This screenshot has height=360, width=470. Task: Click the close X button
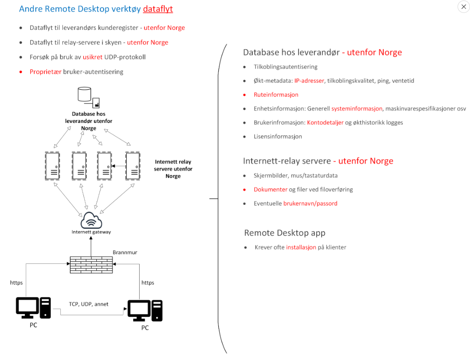[x=464, y=6]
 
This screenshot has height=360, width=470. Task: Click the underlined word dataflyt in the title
[x=158, y=9]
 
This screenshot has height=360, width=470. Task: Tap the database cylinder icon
[x=84, y=94]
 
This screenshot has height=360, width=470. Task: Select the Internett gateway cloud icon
[x=91, y=220]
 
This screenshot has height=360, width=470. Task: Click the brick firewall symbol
[x=91, y=265]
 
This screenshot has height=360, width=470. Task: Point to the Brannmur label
[x=125, y=252]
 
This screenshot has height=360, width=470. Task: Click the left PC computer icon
[x=33, y=308]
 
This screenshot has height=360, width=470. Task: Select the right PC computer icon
[x=145, y=311]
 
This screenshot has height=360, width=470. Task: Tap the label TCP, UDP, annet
[x=89, y=304]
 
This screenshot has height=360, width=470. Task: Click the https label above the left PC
[x=17, y=282]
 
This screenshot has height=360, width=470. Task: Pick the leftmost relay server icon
[x=53, y=166]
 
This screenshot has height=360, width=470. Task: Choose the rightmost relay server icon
[x=133, y=166]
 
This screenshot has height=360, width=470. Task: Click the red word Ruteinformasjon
[x=276, y=95]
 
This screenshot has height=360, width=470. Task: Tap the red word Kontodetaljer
[x=325, y=122]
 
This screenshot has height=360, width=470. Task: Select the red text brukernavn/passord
[x=310, y=203]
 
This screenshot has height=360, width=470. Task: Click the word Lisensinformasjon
[x=278, y=136]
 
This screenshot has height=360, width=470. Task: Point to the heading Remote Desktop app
[x=285, y=233]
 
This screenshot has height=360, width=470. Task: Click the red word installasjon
[x=301, y=247]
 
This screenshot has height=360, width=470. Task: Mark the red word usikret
[x=93, y=57]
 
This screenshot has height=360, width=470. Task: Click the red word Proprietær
[x=46, y=71]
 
